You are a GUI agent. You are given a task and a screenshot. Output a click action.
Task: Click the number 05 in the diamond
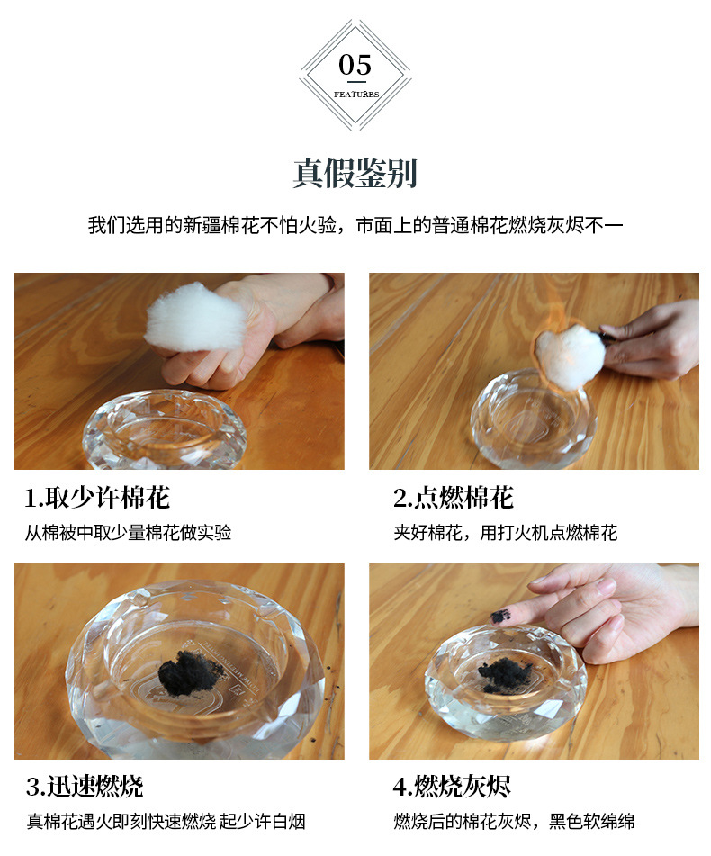tap(355, 65)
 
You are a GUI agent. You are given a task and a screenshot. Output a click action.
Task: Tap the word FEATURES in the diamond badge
tap(356, 95)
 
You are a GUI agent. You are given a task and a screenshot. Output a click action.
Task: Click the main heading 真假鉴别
tap(355, 174)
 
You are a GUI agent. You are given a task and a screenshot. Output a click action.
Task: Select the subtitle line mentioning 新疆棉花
tap(355, 225)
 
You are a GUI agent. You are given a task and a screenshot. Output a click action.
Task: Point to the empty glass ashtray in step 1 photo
tap(164, 429)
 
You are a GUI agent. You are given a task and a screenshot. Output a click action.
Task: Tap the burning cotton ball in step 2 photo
tap(569, 355)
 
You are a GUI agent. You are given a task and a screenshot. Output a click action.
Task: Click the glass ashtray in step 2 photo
tap(533, 419)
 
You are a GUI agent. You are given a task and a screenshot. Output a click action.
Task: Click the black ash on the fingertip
tap(501, 617)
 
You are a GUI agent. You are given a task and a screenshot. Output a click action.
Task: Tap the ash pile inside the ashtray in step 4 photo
tap(503, 673)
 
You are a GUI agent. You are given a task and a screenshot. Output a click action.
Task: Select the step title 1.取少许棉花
tap(97, 498)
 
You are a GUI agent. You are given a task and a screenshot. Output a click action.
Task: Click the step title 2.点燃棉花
tap(453, 498)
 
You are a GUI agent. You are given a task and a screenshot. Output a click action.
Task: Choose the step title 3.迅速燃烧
tap(85, 786)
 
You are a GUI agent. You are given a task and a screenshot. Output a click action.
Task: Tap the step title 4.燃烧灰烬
tap(452, 786)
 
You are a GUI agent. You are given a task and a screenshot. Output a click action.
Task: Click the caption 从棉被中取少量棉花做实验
tap(128, 532)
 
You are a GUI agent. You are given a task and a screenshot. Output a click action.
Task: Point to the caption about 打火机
tap(505, 532)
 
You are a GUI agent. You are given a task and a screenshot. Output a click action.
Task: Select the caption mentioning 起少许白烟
tap(166, 821)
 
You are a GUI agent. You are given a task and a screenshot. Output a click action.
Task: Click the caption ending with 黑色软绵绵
tap(514, 821)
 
